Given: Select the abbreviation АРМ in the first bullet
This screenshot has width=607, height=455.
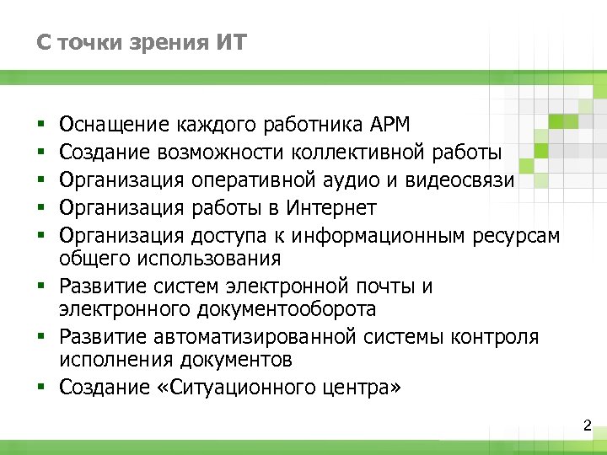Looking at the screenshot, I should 389,126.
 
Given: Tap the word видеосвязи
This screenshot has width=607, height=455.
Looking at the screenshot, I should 465,180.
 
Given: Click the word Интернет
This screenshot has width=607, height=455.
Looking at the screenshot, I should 330,207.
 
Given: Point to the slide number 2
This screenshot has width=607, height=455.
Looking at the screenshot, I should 588,426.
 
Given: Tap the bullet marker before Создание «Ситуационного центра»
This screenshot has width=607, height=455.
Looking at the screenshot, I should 40,388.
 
